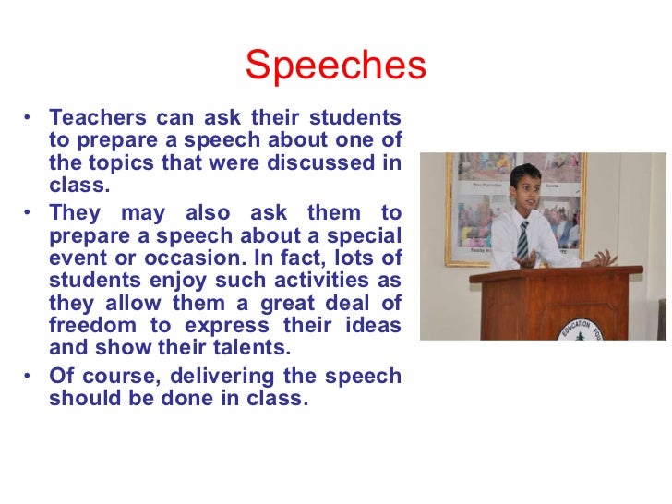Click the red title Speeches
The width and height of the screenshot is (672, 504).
tap(336, 66)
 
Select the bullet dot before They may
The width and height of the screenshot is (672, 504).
tap(29, 214)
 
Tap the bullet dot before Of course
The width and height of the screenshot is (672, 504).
tap(29, 377)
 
